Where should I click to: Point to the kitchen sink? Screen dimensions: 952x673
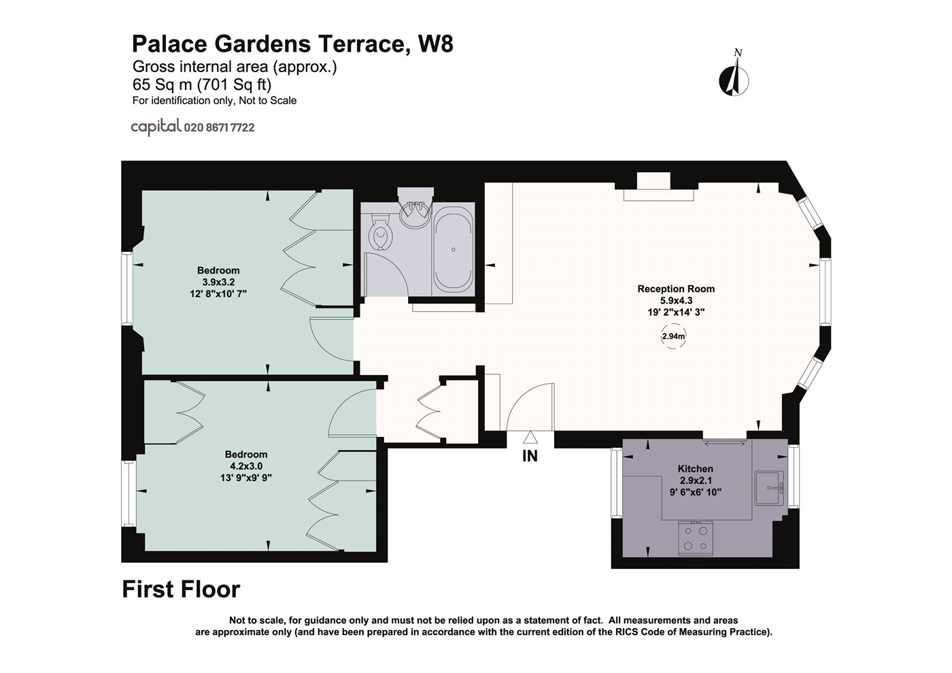769,488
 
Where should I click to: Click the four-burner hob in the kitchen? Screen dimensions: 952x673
695,538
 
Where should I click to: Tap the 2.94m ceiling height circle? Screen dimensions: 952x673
674,336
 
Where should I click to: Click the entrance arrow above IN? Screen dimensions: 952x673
530,438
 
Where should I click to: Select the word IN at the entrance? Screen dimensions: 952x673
530,456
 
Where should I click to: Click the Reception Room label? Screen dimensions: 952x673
676,289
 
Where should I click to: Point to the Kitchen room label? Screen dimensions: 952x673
695,469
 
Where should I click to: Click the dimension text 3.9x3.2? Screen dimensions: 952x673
218,282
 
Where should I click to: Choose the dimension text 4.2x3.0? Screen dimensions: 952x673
246,466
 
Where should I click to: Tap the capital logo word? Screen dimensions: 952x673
156,127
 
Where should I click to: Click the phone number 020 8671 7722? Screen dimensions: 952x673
219,128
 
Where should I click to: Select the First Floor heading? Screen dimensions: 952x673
181,589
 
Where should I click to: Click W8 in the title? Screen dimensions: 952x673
436,44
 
